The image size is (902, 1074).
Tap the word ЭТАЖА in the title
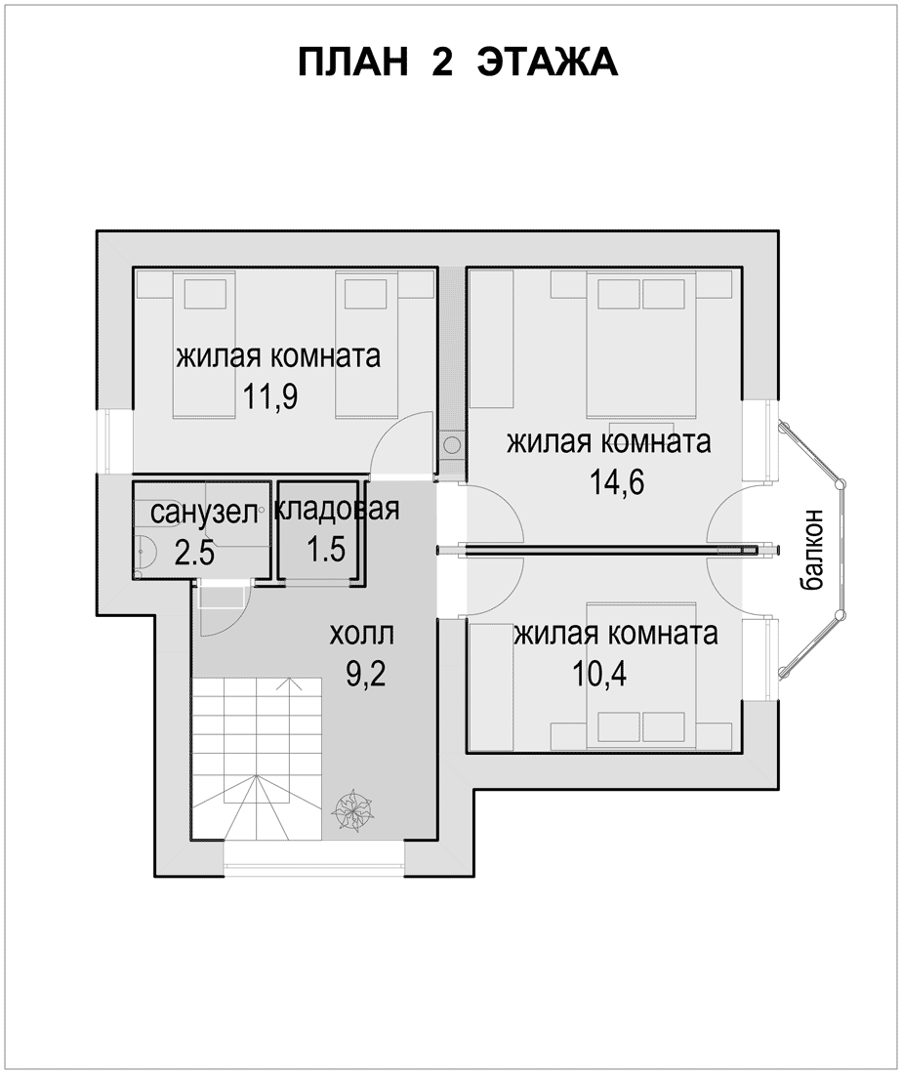tap(548, 63)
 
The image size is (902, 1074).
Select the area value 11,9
tap(270, 397)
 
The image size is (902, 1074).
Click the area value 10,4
tap(599, 675)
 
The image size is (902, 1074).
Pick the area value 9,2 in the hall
tap(366, 675)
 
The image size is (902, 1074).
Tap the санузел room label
tap(204, 513)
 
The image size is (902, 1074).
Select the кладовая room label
tap(336, 509)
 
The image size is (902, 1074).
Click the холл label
tap(361, 635)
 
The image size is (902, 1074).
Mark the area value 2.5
tap(194, 552)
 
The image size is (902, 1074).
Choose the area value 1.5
tap(326, 550)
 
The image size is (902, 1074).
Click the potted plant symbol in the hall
tap(352, 811)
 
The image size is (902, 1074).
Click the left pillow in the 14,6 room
tap(619, 295)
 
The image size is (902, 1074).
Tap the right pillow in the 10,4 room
tap(664, 727)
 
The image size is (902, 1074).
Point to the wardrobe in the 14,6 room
tap(492, 340)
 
